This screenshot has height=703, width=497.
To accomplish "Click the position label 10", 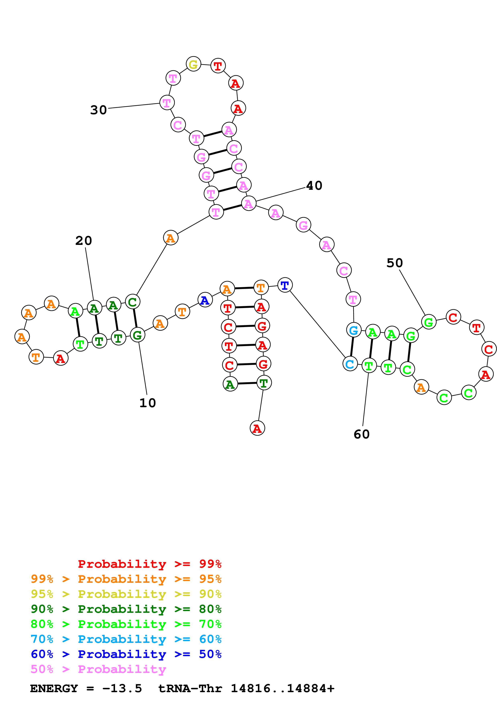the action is (x=148, y=403).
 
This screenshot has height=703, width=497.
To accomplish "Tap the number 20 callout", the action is (x=84, y=241).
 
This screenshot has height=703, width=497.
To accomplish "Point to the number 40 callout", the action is (x=314, y=186).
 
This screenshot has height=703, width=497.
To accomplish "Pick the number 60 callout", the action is (x=362, y=434).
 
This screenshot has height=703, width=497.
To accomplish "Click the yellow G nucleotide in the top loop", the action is (x=193, y=64).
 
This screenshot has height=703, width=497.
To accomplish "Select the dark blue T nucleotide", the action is (x=285, y=285).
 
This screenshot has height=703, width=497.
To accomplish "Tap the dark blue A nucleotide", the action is (x=205, y=300).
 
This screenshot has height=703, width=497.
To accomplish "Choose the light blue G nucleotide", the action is (x=354, y=330).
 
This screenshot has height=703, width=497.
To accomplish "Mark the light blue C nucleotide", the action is (x=350, y=364).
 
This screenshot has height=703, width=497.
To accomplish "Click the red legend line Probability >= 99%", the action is (x=149, y=564).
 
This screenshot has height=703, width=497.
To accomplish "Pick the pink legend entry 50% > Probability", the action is (x=98, y=669).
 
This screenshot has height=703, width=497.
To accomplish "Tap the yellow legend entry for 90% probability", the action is (x=126, y=594).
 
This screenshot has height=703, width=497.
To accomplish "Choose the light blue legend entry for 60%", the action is (x=126, y=639).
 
